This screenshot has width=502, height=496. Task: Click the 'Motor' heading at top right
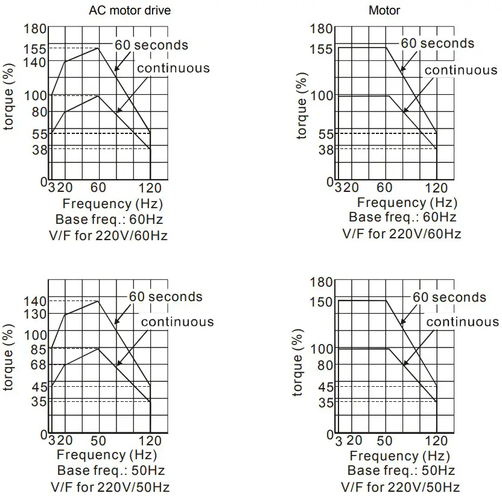[x=384, y=10]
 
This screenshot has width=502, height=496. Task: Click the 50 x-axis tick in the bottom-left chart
[x=98, y=441]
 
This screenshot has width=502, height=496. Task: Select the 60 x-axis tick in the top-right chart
[x=385, y=188]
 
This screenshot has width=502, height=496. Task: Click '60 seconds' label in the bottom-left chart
[x=166, y=297]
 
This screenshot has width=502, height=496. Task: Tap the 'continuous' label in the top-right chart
[x=461, y=70]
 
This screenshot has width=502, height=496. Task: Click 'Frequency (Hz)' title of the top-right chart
[x=407, y=203]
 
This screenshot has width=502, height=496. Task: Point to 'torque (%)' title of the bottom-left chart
[x=8, y=357]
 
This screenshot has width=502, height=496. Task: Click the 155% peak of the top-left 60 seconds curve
[x=98, y=48]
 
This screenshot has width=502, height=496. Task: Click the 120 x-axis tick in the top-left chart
[x=150, y=188]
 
